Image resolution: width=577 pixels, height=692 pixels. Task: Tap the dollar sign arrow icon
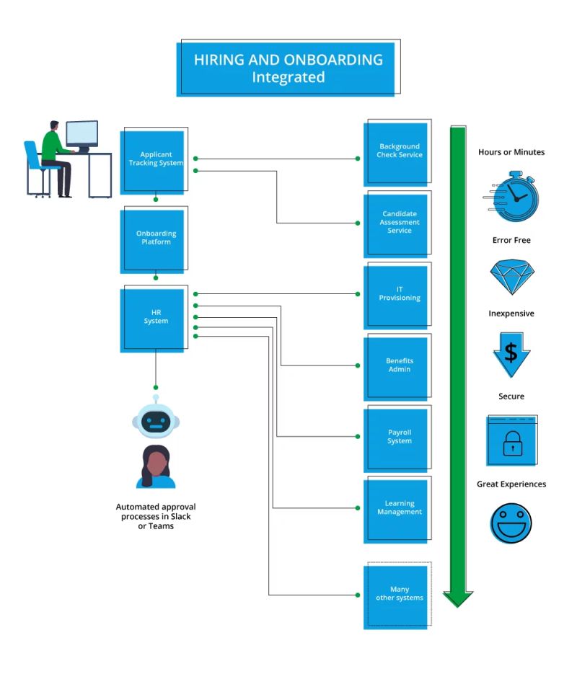pos(511,352)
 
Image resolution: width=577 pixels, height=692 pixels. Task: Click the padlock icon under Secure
pos(511,440)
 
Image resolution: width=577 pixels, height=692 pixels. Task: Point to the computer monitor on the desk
pos(82,134)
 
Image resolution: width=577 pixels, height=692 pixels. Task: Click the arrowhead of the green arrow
pos(457,598)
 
